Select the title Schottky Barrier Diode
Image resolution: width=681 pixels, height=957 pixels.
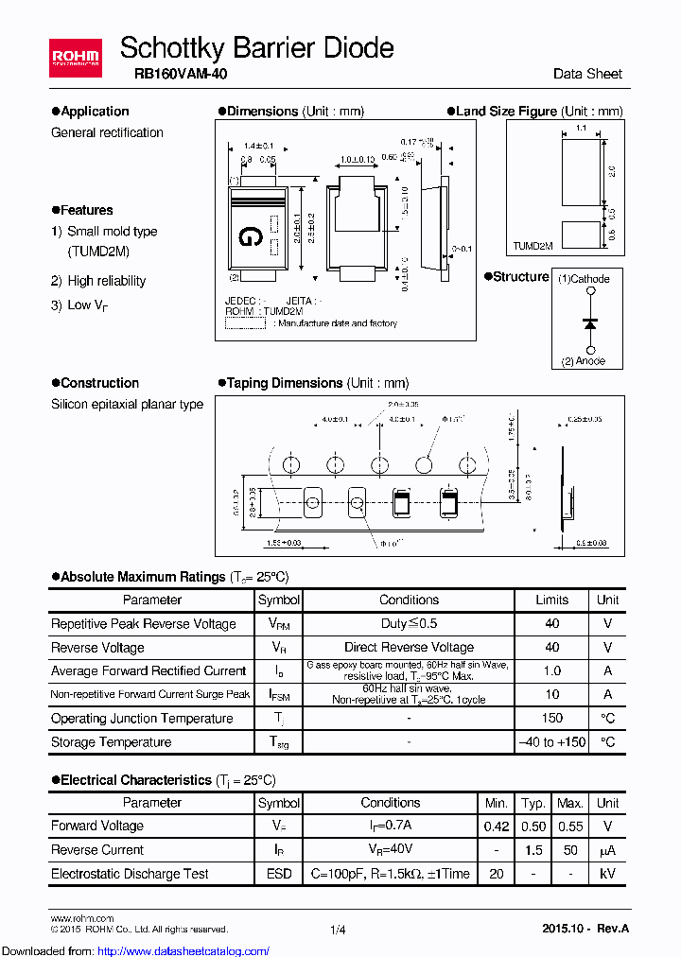tap(256, 47)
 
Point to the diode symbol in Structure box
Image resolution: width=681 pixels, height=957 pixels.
tap(591, 322)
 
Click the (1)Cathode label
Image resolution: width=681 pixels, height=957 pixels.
tap(584, 279)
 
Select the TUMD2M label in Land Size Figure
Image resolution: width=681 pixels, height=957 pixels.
tap(533, 245)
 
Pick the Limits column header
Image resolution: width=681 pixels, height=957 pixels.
tap(551, 600)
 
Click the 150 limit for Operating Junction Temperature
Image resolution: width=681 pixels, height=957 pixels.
tap(551, 719)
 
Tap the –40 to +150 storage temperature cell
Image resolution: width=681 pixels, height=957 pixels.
tap(551, 742)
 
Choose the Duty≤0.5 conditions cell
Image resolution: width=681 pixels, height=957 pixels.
tap(409, 624)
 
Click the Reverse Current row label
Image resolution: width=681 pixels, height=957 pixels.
tap(97, 850)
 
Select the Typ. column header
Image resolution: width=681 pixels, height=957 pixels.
tap(533, 803)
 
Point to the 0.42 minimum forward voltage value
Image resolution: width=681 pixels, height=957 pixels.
tap(497, 826)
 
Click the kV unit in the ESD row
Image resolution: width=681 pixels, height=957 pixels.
tap(607, 874)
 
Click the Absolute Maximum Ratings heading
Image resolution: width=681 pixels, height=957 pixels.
tap(142, 577)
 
